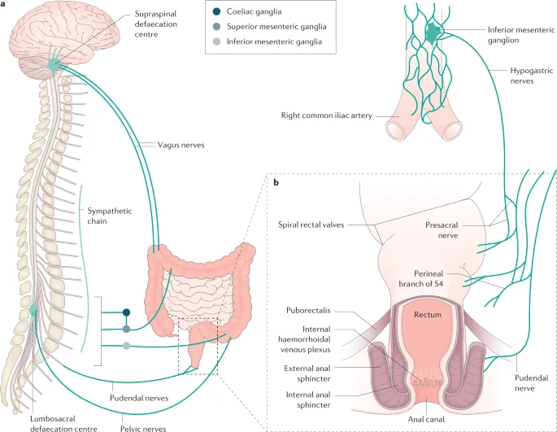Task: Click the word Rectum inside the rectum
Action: pyautogui.click(x=427, y=314)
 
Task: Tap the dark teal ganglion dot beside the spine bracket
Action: pyautogui.click(x=126, y=312)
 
